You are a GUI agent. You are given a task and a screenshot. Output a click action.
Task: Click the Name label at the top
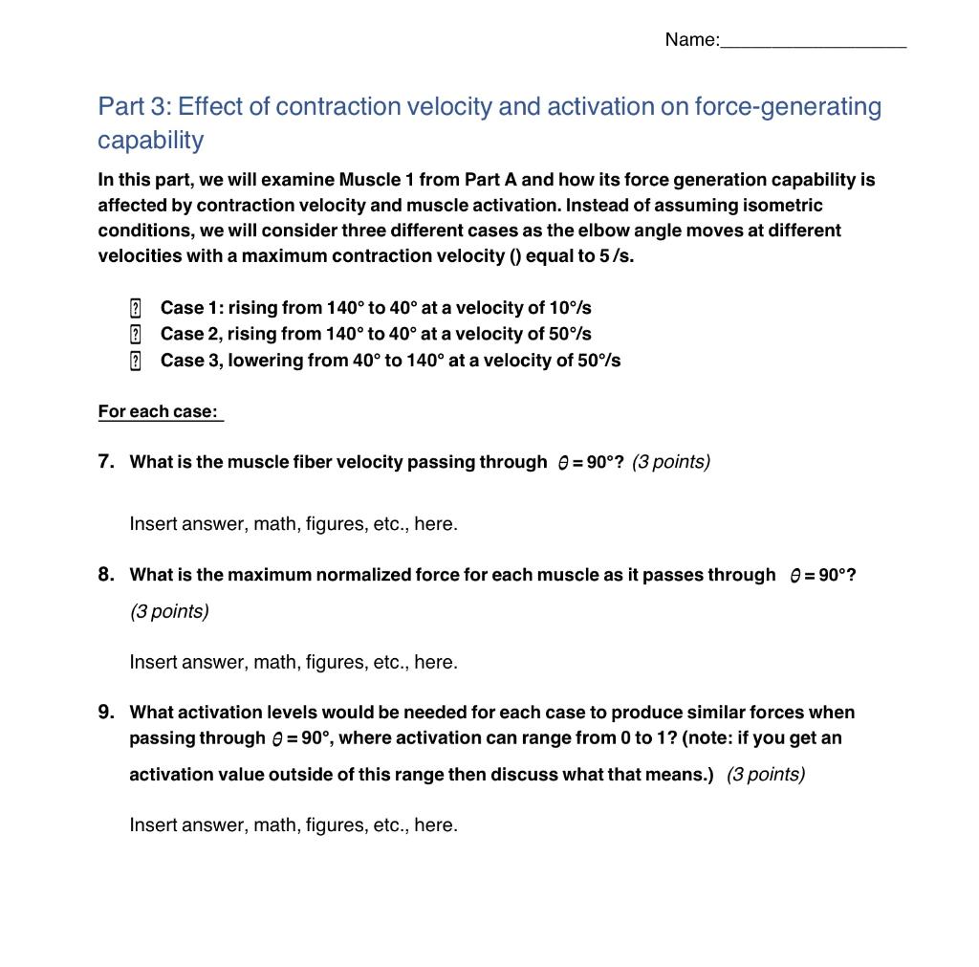point(690,39)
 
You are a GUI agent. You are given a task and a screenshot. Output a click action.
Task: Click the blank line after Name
point(813,41)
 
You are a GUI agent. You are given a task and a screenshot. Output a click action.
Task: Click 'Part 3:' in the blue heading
point(134,106)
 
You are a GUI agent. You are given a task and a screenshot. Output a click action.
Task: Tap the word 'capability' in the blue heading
point(150,140)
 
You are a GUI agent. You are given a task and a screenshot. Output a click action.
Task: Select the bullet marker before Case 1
point(135,308)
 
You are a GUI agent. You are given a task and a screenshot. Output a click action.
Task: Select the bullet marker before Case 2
point(135,334)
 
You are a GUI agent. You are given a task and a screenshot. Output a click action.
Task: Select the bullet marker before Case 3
point(135,361)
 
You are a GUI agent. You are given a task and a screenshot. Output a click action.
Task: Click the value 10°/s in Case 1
point(570,308)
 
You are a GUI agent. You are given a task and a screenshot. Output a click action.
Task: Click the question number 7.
point(106,461)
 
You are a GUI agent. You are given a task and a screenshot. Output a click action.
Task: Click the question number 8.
point(106,574)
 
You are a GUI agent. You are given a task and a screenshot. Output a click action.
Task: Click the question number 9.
point(106,712)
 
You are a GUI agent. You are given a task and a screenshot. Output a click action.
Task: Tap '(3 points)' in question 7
point(670,462)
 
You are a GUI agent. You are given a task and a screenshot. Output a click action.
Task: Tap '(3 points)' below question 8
point(169,611)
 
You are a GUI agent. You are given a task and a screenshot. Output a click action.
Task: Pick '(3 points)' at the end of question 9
point(765,774)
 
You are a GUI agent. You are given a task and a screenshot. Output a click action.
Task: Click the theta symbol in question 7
point(564,463)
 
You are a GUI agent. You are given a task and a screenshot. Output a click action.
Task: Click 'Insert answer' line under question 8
point(294,662)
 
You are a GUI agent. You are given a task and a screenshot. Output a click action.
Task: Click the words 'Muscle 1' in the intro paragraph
point(376,180)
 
